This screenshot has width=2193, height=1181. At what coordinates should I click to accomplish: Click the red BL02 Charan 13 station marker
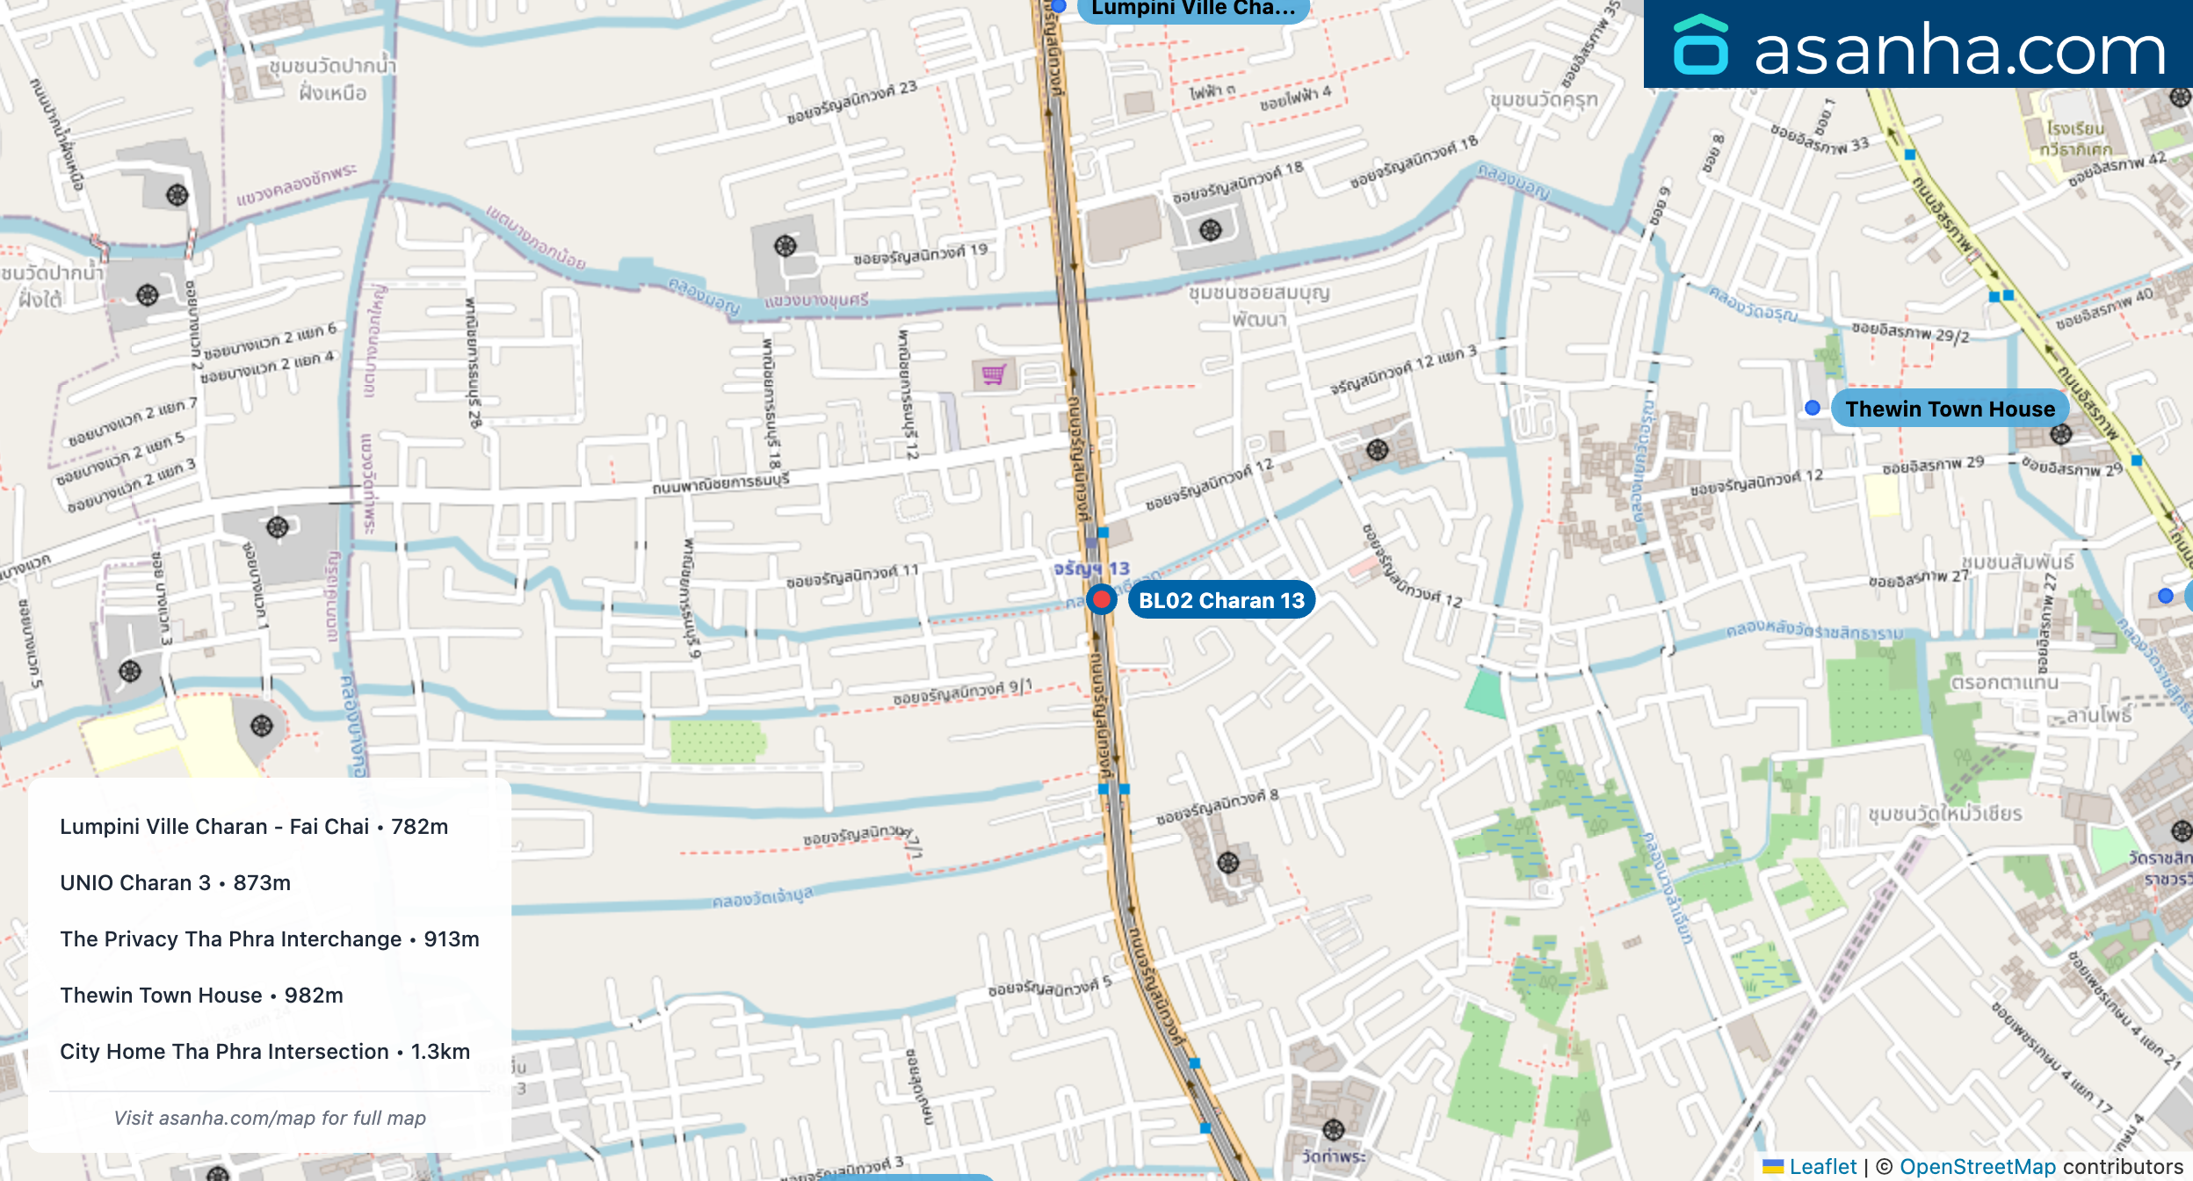click(1101, 600)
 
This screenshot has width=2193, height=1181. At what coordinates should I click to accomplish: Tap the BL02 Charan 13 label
click(1221, 600)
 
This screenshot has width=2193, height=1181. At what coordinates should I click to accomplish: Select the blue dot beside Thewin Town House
click(1812, 408)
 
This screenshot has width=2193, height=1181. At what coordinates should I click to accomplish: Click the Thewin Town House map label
click(1950, 409)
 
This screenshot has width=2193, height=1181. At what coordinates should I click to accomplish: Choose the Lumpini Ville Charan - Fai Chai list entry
click(253, 827)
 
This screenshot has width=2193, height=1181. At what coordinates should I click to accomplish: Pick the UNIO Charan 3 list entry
click(175, 883)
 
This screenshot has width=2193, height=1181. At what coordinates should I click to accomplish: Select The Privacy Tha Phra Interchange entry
click(269, 939)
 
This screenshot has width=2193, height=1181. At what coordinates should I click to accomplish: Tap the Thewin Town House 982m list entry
click(201, 996)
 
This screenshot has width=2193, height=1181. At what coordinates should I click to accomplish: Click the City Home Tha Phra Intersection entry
click(264, 1052)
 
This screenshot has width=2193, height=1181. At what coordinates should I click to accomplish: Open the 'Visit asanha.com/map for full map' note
click(270, 1118)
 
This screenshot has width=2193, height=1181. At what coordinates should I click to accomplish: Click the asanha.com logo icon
click(1700, 46)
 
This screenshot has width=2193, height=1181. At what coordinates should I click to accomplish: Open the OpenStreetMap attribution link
click(1977, 1167)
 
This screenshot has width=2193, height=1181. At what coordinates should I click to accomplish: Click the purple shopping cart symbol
click(994, 375)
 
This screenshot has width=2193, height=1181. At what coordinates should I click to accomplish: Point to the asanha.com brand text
click(1959, 49)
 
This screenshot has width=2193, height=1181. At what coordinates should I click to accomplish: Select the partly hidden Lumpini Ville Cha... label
click(1192, 9)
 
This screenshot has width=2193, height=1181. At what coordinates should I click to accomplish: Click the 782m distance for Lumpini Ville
click(420, 827)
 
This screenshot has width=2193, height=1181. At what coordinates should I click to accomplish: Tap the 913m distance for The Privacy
click(452, 939)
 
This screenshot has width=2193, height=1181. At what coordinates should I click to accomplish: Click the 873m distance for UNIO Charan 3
click(262, 883)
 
